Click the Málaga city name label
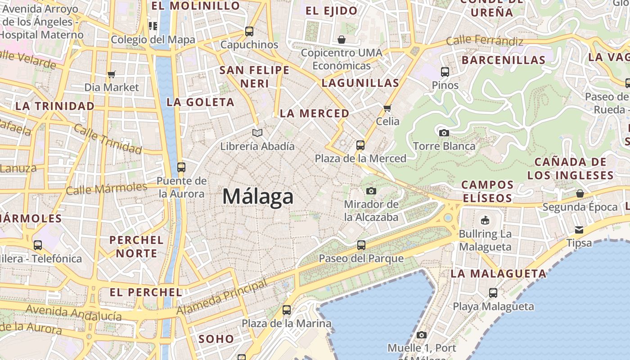[258, 197]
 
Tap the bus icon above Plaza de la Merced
[360, 145]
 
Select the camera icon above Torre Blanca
[444, 133]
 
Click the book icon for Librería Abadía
[257, 133]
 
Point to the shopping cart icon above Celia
[387, 108]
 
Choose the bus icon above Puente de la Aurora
[181, 167]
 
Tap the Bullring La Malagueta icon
[485, 220]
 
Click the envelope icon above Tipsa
[579, 230]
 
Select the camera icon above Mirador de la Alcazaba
[371, 191]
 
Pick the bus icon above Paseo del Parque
[361, 245]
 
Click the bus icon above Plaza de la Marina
[286, 310]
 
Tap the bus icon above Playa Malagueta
[493, 293]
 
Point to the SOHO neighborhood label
[216, 339]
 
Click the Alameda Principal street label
[221, 297]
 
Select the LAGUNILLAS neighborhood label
[360, 83]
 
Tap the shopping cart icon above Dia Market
[111, 74]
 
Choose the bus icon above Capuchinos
[249, 31]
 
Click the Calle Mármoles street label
[107, 188]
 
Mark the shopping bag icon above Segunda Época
[580, 193]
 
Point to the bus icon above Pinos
[445, 72]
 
